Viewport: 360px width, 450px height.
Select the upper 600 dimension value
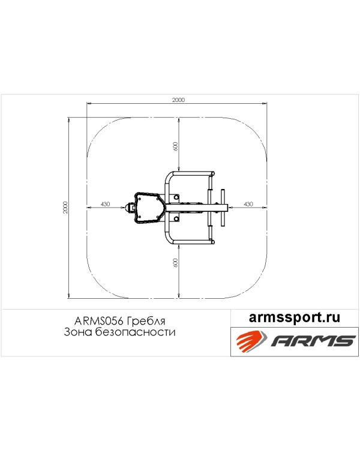point(176,146)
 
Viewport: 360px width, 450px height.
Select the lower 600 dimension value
point(176,263)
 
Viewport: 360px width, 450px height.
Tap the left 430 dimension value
point(106,204)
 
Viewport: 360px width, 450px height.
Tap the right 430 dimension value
point(248,204)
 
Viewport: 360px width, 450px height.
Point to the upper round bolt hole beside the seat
point(176,197)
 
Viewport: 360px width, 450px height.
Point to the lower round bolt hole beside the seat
point(176,219)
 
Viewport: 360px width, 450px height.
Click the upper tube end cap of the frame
point(212,173)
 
